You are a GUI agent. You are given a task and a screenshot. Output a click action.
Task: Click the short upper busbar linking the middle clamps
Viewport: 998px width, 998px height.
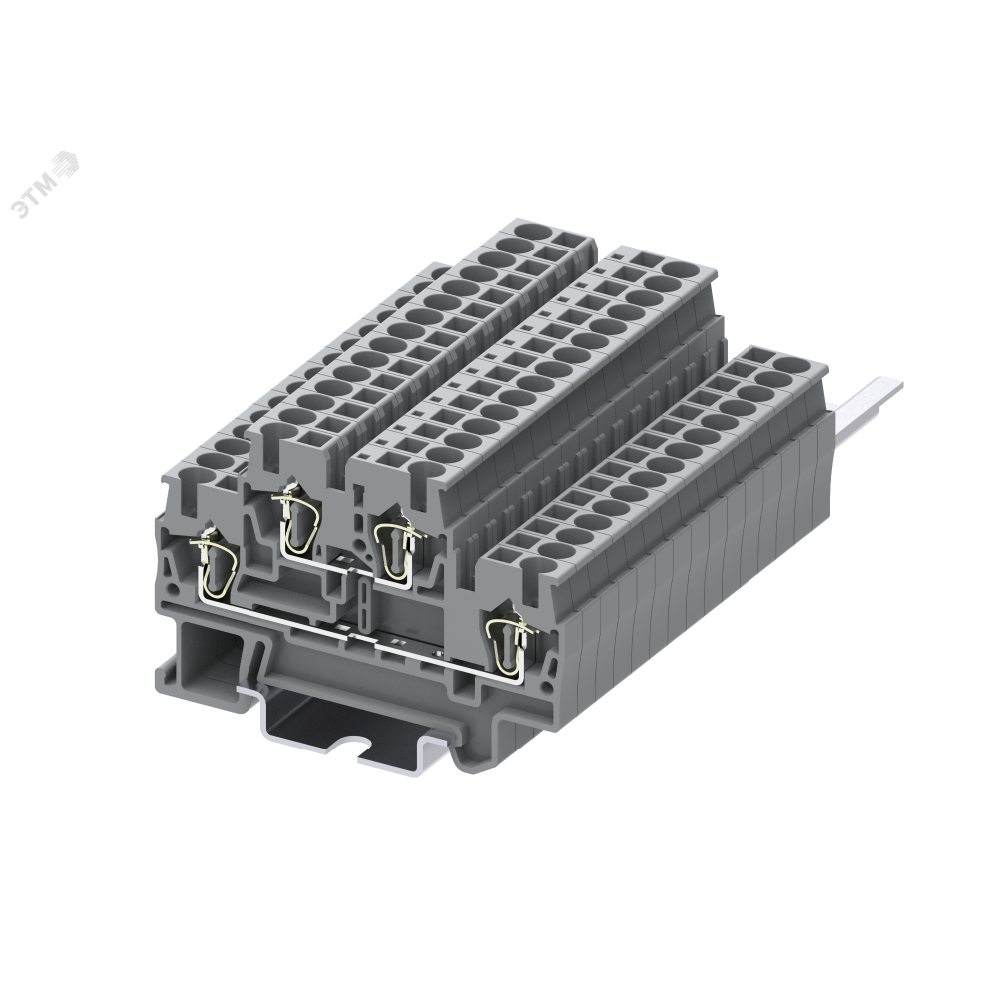pos(334,565)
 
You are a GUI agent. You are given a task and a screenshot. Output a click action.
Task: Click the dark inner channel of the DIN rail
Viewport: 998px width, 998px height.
pos(329,724)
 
